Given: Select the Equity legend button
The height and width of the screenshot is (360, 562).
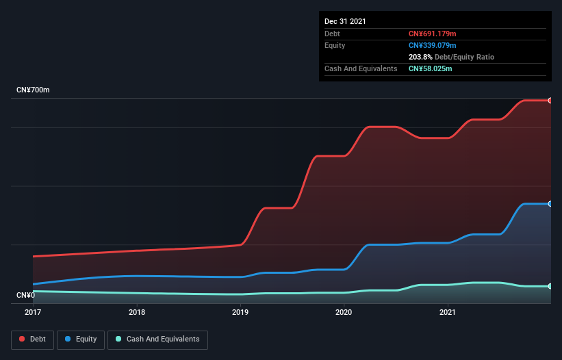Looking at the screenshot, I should (x=81, y=339).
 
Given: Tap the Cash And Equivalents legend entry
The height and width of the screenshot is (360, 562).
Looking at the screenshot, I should (x=157, y=339).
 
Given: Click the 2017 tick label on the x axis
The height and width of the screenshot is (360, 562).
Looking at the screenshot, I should (x=33, y=312).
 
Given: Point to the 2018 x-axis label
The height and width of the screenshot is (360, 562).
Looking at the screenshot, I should (x=137, y=312).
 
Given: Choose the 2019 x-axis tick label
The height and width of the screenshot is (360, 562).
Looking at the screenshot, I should (x=240, y=312).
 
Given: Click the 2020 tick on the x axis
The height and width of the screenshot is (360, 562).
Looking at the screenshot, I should (x=344, y=312).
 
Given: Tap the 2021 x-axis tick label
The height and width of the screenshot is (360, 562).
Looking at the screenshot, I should (x=448, y=312).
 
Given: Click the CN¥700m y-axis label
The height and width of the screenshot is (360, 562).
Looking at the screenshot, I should (x=33, y=90).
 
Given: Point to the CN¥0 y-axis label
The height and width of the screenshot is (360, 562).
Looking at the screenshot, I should (x=25, y=295).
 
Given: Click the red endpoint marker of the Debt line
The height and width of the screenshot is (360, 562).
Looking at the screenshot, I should (x=550, y=101).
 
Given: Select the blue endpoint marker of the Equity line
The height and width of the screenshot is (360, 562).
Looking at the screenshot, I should (x=550, y=204).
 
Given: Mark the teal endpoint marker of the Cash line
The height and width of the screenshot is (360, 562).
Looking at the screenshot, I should (x=550, y=286).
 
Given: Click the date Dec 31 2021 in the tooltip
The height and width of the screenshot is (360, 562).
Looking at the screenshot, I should (x=345, y=21).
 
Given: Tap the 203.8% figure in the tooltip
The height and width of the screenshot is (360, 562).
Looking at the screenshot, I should (x=421, y=57).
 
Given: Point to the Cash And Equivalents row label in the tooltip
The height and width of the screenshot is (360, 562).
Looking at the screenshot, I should (x=361, y=68).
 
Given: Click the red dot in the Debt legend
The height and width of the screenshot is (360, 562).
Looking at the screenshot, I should (x=22, y=339).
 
